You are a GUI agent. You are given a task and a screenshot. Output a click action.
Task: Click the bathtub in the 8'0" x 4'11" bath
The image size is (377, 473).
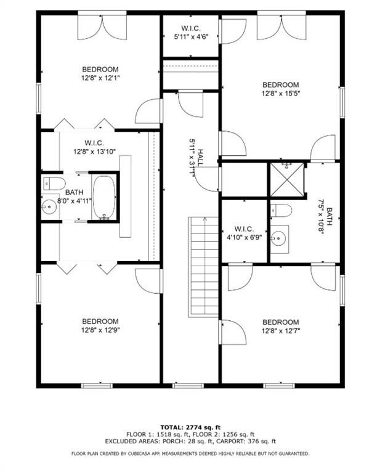point(104,197)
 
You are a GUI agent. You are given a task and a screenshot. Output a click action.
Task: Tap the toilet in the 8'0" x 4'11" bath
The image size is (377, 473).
point(54,184)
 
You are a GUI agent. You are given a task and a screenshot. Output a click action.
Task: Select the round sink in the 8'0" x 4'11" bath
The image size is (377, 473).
point(49,207)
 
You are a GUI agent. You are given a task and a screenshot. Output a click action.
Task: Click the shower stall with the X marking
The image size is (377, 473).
point(287,179)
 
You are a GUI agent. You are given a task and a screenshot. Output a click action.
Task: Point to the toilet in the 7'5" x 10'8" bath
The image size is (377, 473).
point(281,211)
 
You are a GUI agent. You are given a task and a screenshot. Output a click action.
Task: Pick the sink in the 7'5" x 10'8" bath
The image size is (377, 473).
point(278,239)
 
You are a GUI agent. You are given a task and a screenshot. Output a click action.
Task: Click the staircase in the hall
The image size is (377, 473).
point(203,267)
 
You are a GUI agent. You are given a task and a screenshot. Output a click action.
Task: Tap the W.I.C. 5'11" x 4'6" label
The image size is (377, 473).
point(191,33)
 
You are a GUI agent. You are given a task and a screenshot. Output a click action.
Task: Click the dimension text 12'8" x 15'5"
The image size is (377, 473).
point(281,94)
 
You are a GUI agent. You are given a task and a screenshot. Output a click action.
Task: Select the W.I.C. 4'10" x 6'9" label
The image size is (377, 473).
point(244,233)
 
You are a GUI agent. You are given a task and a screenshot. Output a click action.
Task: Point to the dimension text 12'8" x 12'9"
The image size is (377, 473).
point(100,330)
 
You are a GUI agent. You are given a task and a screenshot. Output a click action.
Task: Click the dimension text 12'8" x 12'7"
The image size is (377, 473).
point(281,331)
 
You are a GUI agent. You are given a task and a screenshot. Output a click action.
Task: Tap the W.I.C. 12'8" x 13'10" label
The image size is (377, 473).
point(94,147)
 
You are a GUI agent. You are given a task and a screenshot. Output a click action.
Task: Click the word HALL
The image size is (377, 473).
point(201,157)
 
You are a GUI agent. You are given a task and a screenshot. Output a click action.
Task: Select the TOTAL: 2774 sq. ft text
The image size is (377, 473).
point(190,427)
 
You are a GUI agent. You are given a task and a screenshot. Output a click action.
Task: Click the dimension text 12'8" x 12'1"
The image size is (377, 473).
point(100,78)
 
